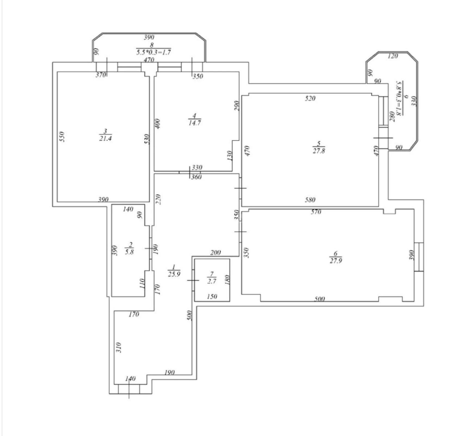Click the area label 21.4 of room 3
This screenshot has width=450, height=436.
point(105,138)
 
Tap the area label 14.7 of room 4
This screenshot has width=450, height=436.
point(194,123)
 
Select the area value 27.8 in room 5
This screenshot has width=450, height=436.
point(319,151)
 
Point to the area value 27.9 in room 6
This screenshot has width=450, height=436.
point(335,261)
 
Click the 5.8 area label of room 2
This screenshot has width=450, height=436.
point(129,252)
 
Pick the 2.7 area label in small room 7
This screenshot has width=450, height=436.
point(211,281)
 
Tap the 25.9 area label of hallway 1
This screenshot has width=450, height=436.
point(174,274)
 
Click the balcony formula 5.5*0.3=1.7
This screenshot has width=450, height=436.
point(153,52)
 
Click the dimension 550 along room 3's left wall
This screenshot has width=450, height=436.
point(62,137)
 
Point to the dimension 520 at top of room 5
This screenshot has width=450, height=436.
point(310,98)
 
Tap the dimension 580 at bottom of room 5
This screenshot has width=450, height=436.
point(310,200)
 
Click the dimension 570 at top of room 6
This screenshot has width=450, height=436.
point(316,212)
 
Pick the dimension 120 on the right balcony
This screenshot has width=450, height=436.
point(392,56)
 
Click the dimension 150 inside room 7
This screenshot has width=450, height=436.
point(212,296)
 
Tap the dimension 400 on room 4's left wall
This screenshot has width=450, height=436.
point(158,124)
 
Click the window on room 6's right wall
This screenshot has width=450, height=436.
point(419,257)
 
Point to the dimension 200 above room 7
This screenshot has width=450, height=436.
point(215,252)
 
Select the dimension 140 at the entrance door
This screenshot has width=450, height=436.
point(130,379)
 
